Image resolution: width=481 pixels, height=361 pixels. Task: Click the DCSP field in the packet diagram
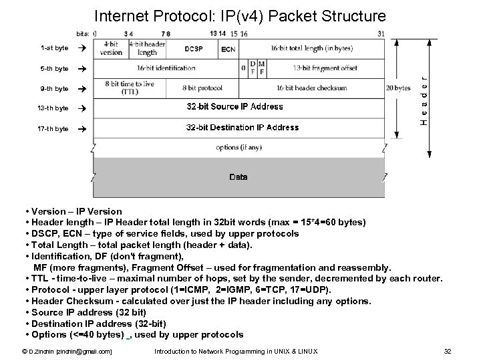click(194, 48)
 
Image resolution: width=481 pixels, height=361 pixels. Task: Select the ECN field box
click(228, 49)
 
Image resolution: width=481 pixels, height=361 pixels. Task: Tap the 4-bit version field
click(111, 48)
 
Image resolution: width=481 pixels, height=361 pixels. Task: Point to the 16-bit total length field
click(313, 48)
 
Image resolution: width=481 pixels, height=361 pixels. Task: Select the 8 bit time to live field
click(130, 88)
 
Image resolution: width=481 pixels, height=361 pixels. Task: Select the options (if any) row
click(238, 147)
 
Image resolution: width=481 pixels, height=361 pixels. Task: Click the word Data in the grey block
click(238, 177)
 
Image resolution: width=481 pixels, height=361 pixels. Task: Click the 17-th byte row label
click(53, 128)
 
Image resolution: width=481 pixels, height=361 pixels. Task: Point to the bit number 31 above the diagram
click(381, 33)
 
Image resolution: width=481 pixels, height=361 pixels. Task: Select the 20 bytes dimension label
click(399, 88)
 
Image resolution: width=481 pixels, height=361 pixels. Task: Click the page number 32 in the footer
click(448, 351)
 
